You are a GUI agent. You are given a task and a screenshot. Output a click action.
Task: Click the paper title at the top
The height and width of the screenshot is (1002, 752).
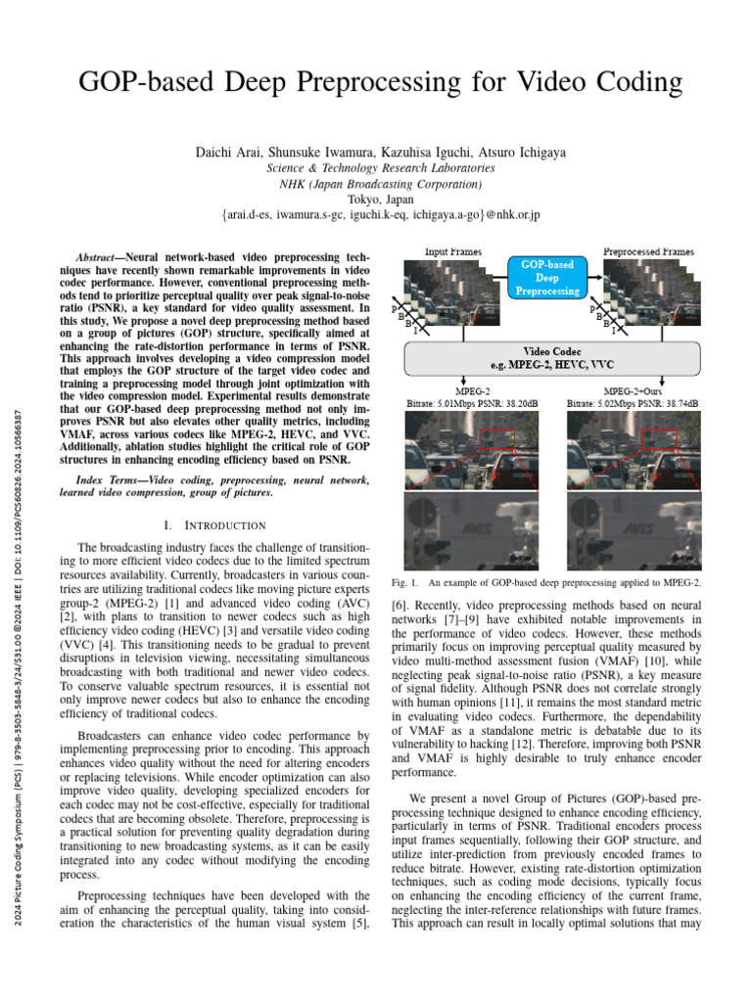click(x=380, y=81)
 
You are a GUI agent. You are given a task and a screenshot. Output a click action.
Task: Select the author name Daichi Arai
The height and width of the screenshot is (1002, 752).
click(x=227, y=153)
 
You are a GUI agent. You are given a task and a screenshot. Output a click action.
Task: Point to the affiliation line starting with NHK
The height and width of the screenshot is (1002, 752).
click(x=380, y=183)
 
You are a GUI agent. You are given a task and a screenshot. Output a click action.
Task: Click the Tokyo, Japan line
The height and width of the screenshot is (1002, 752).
click(x=380, y=198)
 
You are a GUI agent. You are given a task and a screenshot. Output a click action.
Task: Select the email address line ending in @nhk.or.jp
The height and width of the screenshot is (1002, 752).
click(x=380, y=213)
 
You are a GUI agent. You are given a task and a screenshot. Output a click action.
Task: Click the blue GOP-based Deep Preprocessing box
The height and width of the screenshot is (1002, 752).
click(x=546, y=277)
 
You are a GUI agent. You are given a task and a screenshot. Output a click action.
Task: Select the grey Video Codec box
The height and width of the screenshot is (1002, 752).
click(x=552, y=358)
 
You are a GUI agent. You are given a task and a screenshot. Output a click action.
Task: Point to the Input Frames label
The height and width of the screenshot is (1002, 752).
click(x=452, y=251)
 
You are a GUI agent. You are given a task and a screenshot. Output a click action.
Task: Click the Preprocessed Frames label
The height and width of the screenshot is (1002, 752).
click(x=648, y=251)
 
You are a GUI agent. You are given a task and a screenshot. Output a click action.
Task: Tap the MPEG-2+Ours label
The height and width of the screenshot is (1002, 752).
click(x=634, y=389)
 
